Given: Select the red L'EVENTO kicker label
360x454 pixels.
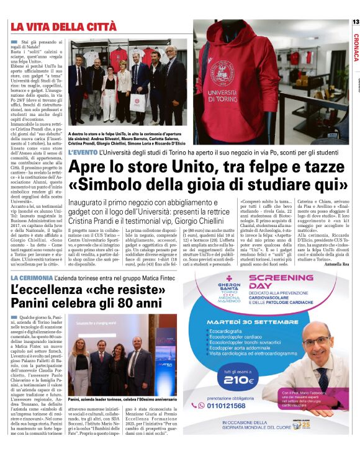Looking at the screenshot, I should [82, 151].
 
